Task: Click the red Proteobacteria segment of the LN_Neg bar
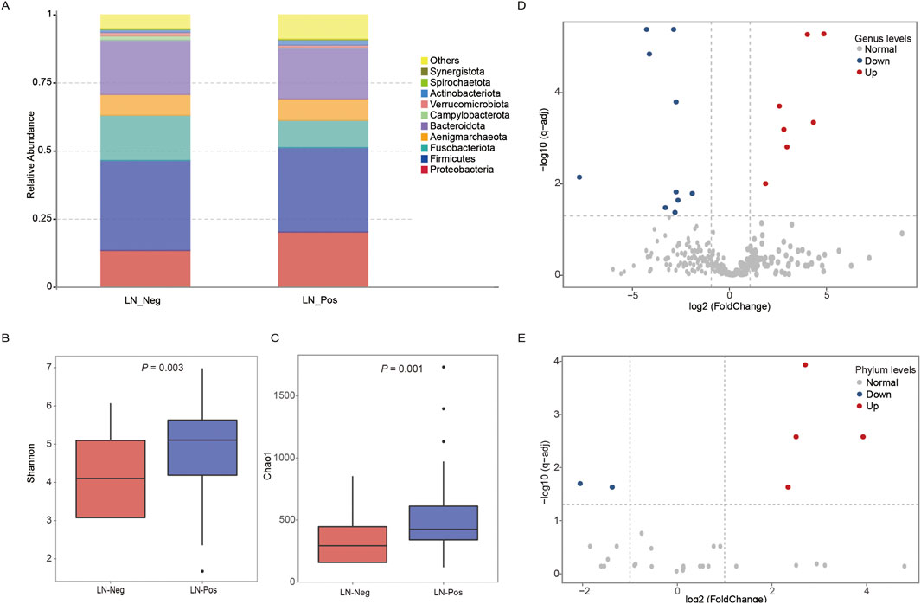[145, 268]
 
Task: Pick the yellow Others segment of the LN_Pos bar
[323, 26]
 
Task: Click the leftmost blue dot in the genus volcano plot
[579, 177]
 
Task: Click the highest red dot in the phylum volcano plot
[805, 365]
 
